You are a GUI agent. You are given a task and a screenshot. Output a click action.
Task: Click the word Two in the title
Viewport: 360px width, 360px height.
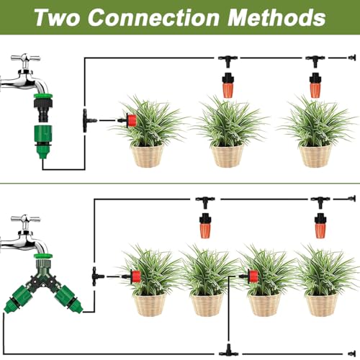[57, 17]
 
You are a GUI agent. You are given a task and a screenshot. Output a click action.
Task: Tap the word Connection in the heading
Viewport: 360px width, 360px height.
[153, 17]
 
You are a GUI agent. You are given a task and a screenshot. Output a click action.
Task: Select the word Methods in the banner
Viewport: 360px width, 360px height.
[276, 17]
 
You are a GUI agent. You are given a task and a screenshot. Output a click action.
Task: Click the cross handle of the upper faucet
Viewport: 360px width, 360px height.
[25, 58]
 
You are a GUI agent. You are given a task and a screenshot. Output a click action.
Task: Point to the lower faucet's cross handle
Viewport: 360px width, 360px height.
[25, 219]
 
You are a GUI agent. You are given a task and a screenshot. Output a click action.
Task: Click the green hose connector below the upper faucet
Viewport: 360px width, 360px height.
[43, 141]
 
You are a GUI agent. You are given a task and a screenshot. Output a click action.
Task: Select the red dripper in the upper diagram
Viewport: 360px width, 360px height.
[131, 120]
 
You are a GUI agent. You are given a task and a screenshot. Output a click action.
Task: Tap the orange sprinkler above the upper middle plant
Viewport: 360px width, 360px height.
[228, 85]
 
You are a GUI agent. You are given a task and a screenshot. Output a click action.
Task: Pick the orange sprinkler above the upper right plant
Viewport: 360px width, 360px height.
[315, 85]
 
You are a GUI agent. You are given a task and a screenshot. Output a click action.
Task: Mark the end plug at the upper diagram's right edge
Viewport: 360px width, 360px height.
[352, 58]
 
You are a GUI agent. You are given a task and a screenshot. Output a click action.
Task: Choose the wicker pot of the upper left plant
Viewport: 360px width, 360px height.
[148, 156]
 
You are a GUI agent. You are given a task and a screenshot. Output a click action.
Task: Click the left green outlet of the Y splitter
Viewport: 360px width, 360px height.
[17, 299]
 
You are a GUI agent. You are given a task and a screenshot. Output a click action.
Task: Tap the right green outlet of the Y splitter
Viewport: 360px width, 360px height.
[69, 299]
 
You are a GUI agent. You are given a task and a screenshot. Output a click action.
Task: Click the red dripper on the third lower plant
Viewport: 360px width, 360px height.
[253, 276]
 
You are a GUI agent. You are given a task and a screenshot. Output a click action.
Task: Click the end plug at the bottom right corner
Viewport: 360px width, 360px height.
[352, 354]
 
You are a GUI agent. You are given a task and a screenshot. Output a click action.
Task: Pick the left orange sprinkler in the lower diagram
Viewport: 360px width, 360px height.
[205, 225]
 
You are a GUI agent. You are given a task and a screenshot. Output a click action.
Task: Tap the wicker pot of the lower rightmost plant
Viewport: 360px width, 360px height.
[322, 305]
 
